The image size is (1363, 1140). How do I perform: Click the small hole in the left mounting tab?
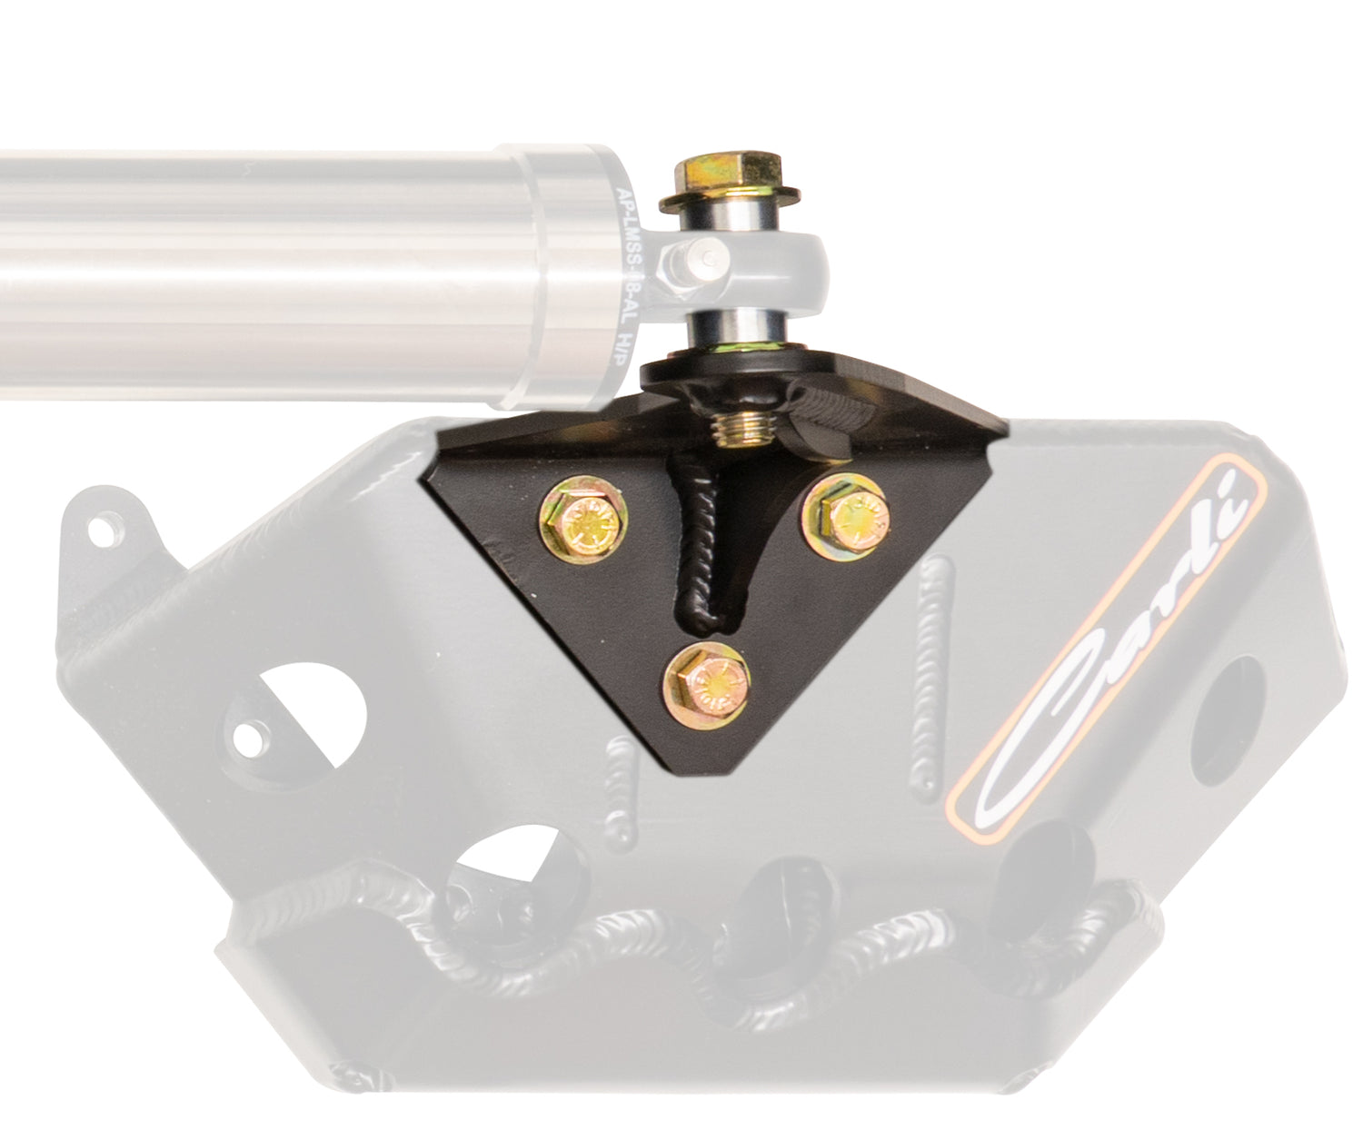(x=106, y=525)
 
